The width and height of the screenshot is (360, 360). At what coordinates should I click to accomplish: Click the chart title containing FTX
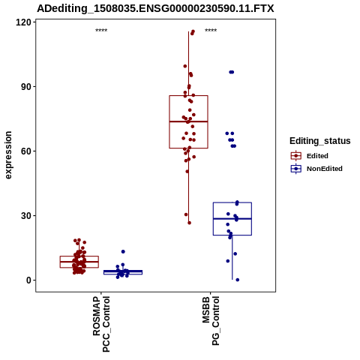pos(155,9)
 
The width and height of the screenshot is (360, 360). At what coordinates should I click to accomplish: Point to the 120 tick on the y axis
pos(23,22)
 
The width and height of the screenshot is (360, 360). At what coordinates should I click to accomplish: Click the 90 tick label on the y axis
pos(26,87)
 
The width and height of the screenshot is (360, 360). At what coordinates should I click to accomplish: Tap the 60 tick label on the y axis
pos(26,151)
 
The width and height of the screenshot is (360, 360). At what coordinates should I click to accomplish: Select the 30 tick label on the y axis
pos(26,216)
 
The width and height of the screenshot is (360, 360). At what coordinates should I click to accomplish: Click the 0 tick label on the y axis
pos(28,280)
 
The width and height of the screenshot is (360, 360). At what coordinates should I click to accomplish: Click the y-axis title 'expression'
pos(8,155)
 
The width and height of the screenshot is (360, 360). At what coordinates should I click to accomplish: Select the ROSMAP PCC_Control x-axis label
pos(101,324)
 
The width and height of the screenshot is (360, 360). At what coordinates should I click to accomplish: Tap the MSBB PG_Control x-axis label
pos(211,321)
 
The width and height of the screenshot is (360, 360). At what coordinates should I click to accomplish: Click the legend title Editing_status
pos(320,141)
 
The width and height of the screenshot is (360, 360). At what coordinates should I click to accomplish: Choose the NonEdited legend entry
pos(316,169)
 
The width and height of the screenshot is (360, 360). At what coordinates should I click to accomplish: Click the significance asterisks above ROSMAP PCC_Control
pos(101,31)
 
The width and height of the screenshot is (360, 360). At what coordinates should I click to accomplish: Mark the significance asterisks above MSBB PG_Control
pos(211,31)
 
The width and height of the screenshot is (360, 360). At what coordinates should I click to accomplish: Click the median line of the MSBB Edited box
pos(188,121)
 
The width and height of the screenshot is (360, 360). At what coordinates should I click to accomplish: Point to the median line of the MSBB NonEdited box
pos(232,219)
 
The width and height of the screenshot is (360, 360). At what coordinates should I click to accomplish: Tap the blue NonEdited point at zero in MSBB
pos(238,280)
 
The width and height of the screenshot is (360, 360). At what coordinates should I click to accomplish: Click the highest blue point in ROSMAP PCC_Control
pos(123,251)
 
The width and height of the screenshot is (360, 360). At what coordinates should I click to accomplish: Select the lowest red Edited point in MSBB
pos(189,223)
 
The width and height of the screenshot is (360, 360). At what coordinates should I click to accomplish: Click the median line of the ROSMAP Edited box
pos(79,262)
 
